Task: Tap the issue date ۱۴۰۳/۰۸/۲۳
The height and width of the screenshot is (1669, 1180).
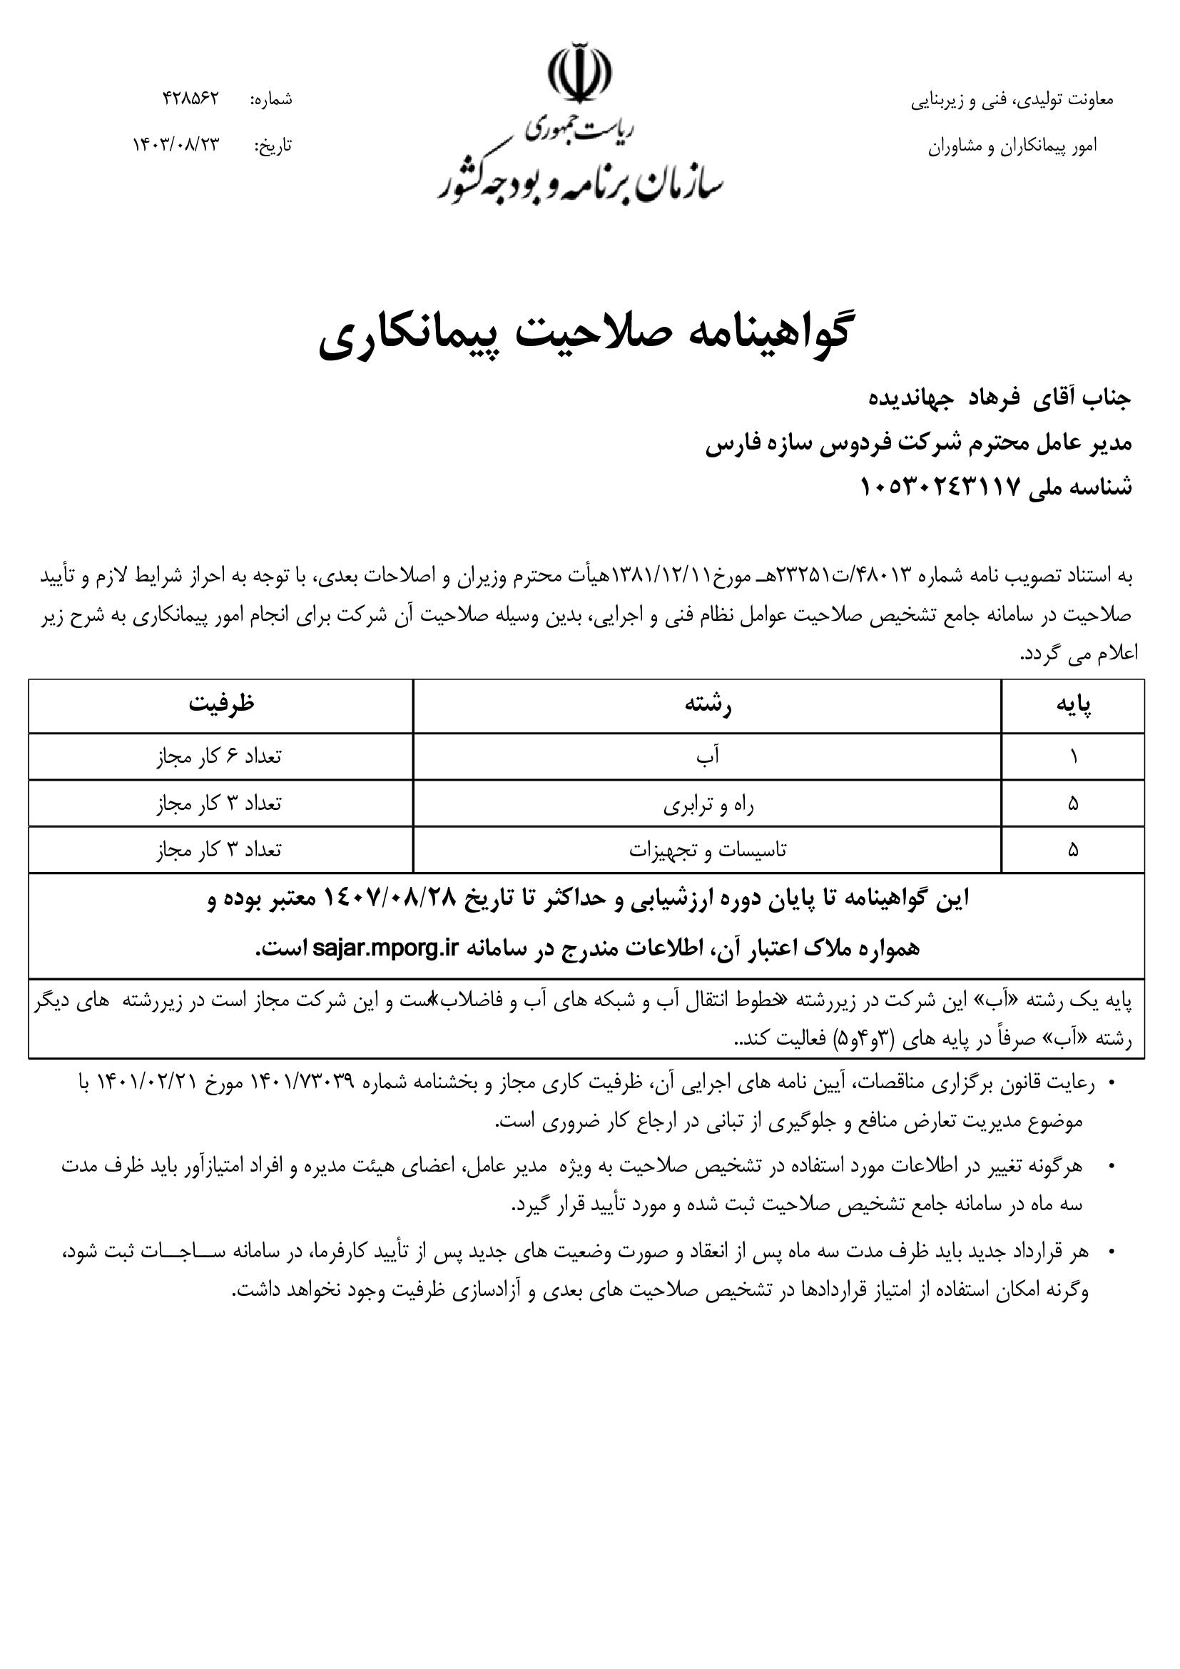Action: point(175,145)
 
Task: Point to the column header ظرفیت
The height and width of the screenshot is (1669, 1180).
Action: point(222,704)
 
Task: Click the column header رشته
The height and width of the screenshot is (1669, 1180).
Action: point(707,704)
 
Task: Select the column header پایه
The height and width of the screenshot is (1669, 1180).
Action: point(1073,704)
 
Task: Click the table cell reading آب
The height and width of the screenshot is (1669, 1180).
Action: point(707,756)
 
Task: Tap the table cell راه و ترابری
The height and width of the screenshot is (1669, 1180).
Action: point(707,804)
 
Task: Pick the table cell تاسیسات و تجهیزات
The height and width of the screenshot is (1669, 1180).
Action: point(707,850)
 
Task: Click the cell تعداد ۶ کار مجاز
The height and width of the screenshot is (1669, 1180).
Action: point(219,756)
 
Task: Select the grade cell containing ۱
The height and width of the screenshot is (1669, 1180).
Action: point(1073,756)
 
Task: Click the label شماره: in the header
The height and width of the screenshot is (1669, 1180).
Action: point(271,100)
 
